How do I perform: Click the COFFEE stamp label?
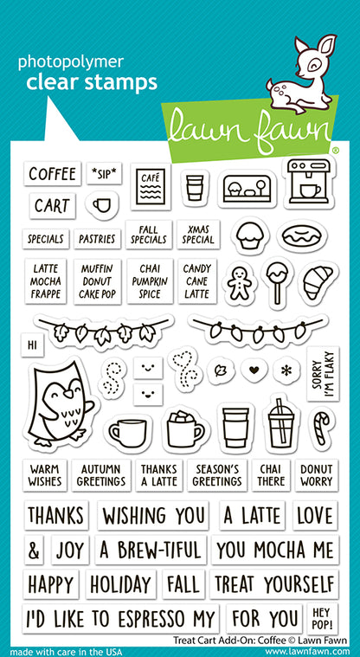click(52, 174)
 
